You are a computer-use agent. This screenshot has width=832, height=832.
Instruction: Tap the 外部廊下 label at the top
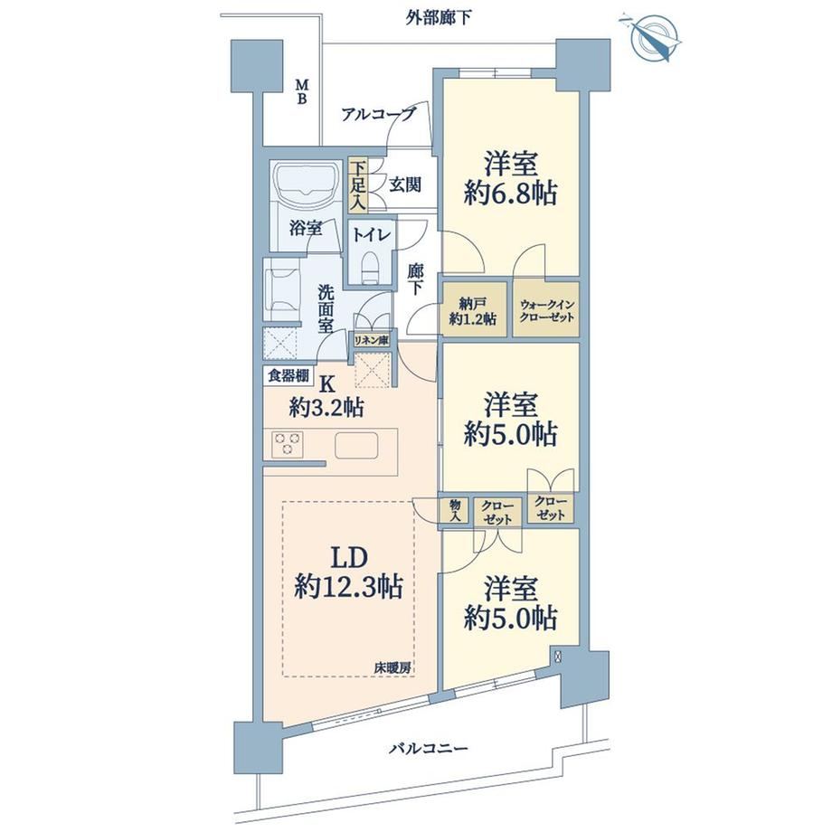[x=439, y=19]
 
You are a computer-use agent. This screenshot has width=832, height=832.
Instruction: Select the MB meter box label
[x=301, y=92]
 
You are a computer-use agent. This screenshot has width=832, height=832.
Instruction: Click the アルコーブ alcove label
[x=378, y=114]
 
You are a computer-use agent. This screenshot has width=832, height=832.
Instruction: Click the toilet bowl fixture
[x=369, y=264]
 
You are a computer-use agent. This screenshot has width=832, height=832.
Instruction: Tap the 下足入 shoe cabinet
[x=357, y=184]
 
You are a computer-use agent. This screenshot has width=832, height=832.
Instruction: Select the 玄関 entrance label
[x=405, y=184]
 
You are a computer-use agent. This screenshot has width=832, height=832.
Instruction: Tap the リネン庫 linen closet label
[x=372, y=340]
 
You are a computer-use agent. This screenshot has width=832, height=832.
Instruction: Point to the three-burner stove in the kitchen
[x=288, y=444]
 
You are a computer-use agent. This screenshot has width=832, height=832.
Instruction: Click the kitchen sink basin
[x=356, y=445]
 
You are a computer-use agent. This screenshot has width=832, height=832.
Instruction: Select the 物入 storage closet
[x=455, y=510]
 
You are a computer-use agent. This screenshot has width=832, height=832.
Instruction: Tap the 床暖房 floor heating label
[x=393, y=668]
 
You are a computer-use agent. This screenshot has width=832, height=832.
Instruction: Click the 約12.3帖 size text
[x=348, y=587]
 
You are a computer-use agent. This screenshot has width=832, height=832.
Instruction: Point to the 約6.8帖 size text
[x=510, y=194]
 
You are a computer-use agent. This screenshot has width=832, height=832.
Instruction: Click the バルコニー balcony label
[x=429, y=749]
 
